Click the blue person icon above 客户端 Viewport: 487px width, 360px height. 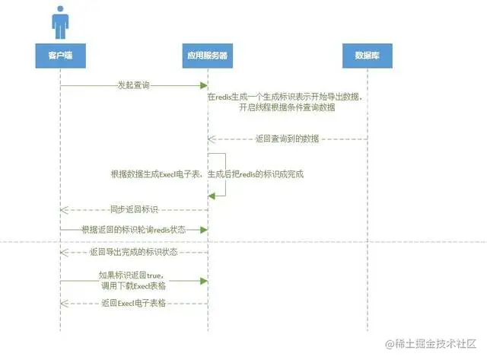60,22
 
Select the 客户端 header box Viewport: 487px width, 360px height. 60,55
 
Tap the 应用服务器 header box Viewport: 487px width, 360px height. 208,55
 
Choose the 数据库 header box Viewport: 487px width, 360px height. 368,55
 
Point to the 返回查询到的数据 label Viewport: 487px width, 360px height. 288,139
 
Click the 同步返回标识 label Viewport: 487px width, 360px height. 134,209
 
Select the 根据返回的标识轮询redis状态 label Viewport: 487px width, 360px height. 134,229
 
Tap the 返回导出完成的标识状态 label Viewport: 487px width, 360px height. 134,250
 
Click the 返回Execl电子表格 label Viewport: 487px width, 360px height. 134,303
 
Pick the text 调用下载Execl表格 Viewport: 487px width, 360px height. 134,286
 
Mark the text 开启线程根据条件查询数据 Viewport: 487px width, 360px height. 288,108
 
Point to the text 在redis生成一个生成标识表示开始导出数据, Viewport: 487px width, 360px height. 286,97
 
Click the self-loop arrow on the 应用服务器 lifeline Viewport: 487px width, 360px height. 224,175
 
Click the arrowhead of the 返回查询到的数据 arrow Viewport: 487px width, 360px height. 212,139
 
